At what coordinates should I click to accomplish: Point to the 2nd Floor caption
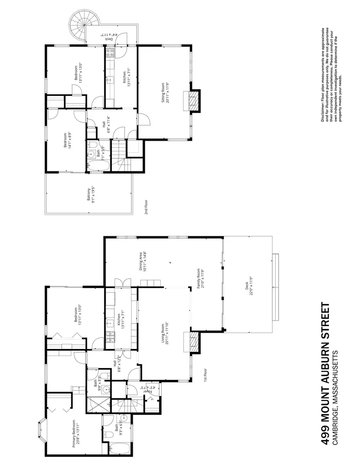tap(146, 206)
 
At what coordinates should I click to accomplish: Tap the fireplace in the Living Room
tap(191, 343)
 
